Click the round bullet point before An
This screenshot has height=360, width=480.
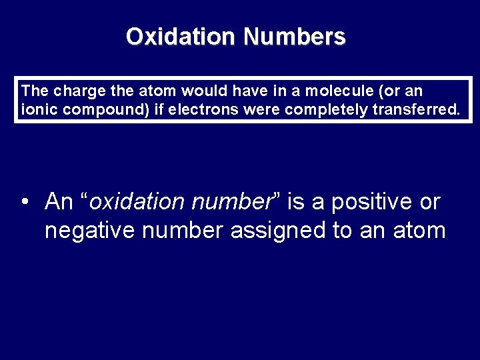tap(25, 201)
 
